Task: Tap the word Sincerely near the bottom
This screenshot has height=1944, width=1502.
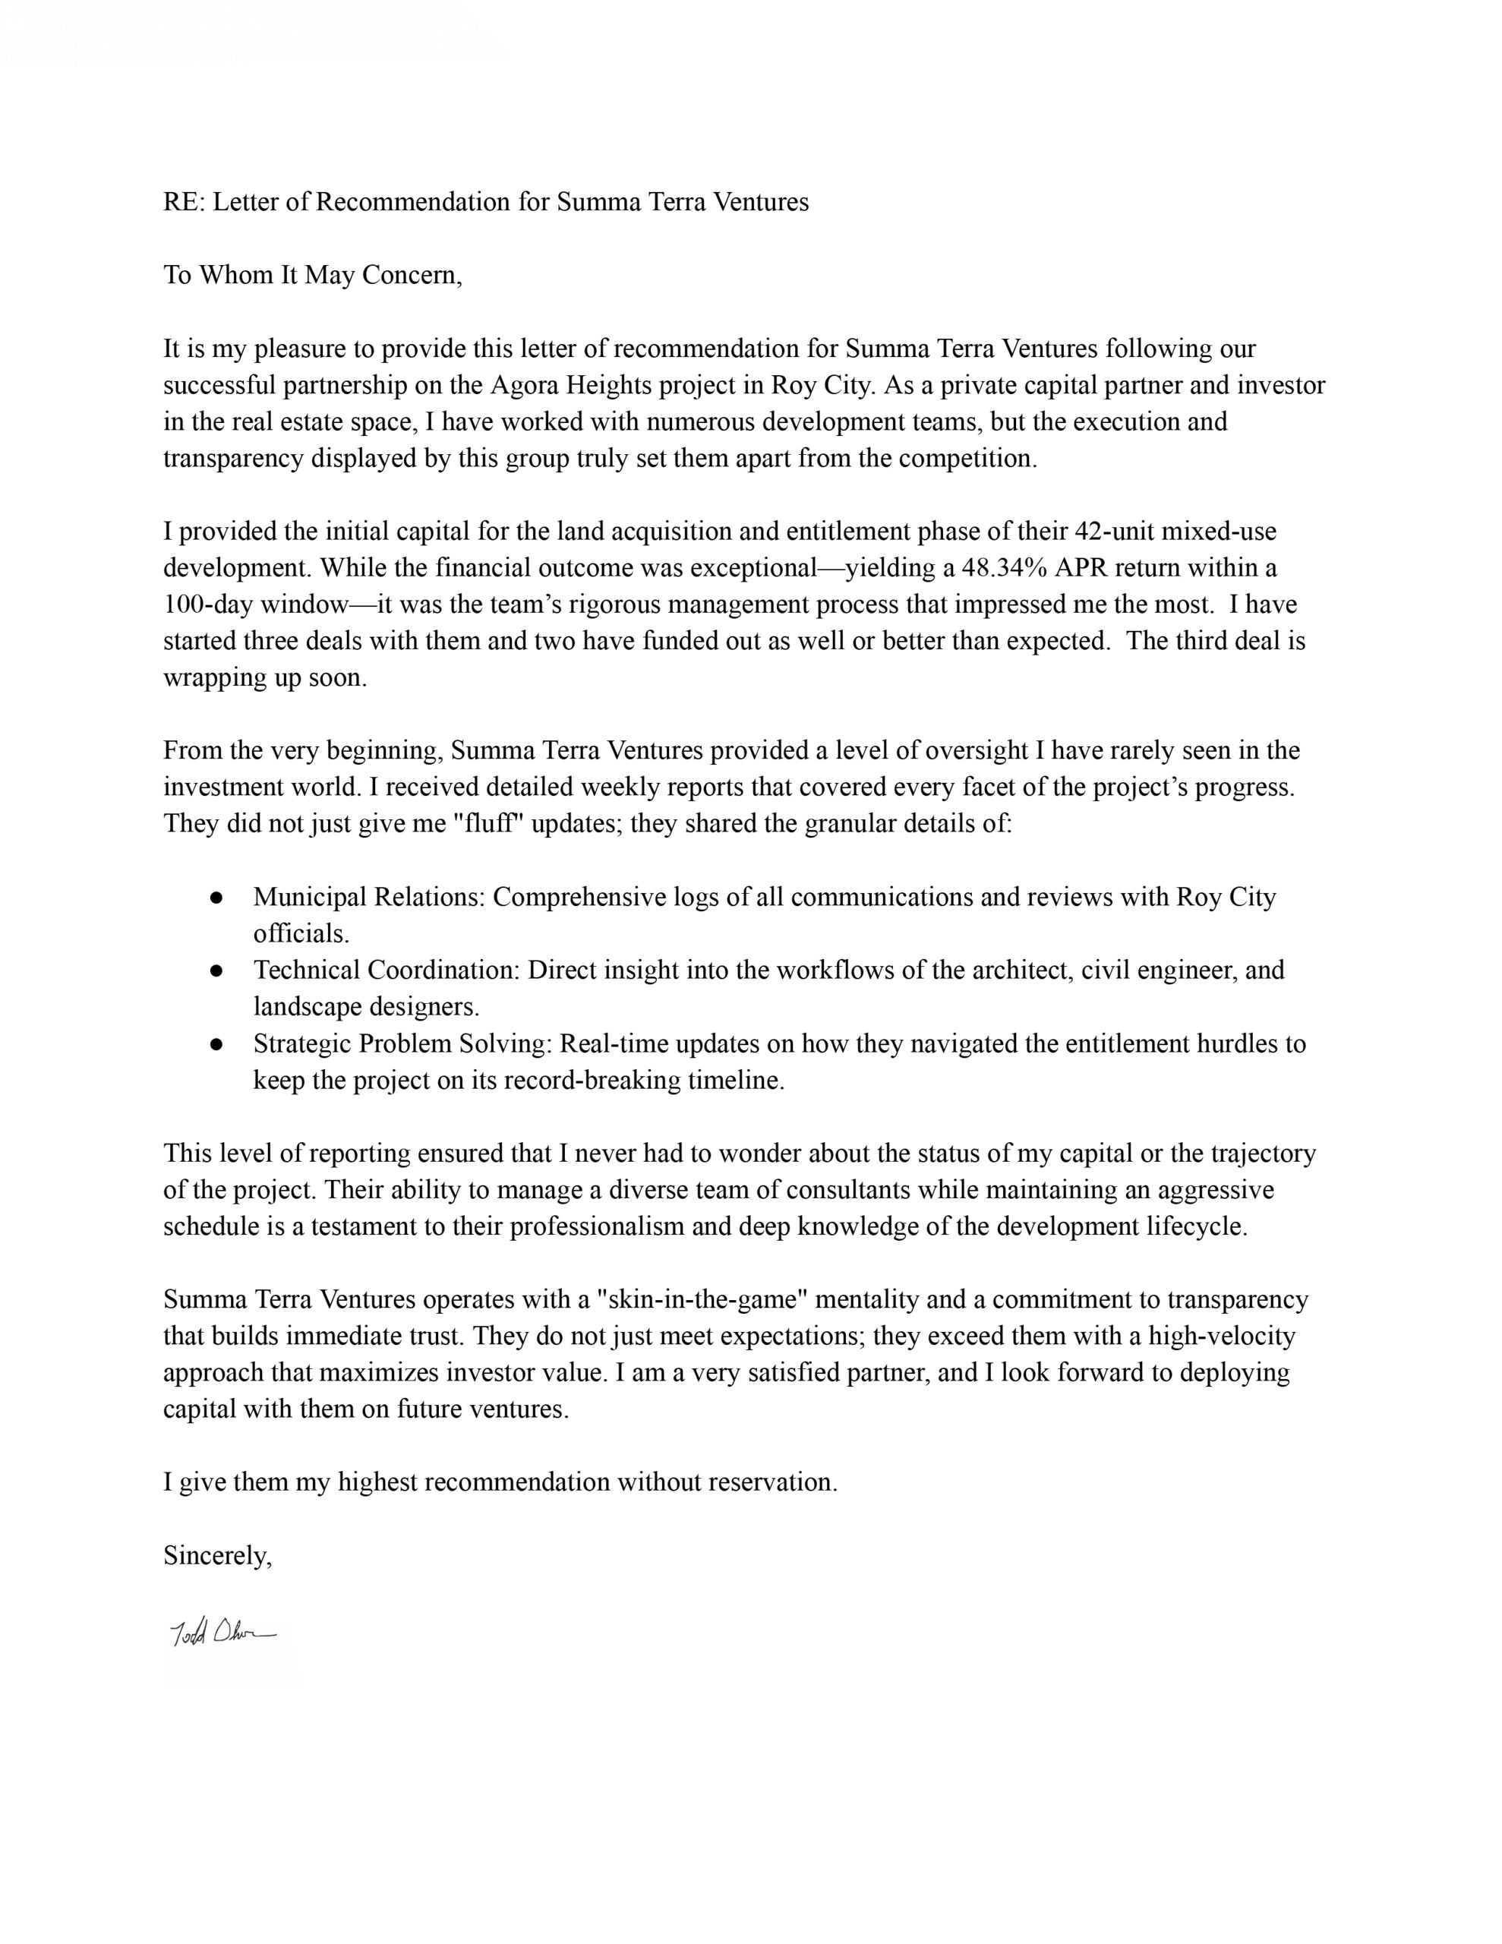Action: (x=216, y=1555)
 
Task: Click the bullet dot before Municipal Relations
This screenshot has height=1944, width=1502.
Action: (x=216, y=898)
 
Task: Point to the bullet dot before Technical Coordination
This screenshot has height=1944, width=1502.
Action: (x=216, y=971)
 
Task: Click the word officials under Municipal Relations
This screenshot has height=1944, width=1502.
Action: (x=301, y=934)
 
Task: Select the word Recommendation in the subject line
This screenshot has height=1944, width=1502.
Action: (x=413, y=202)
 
